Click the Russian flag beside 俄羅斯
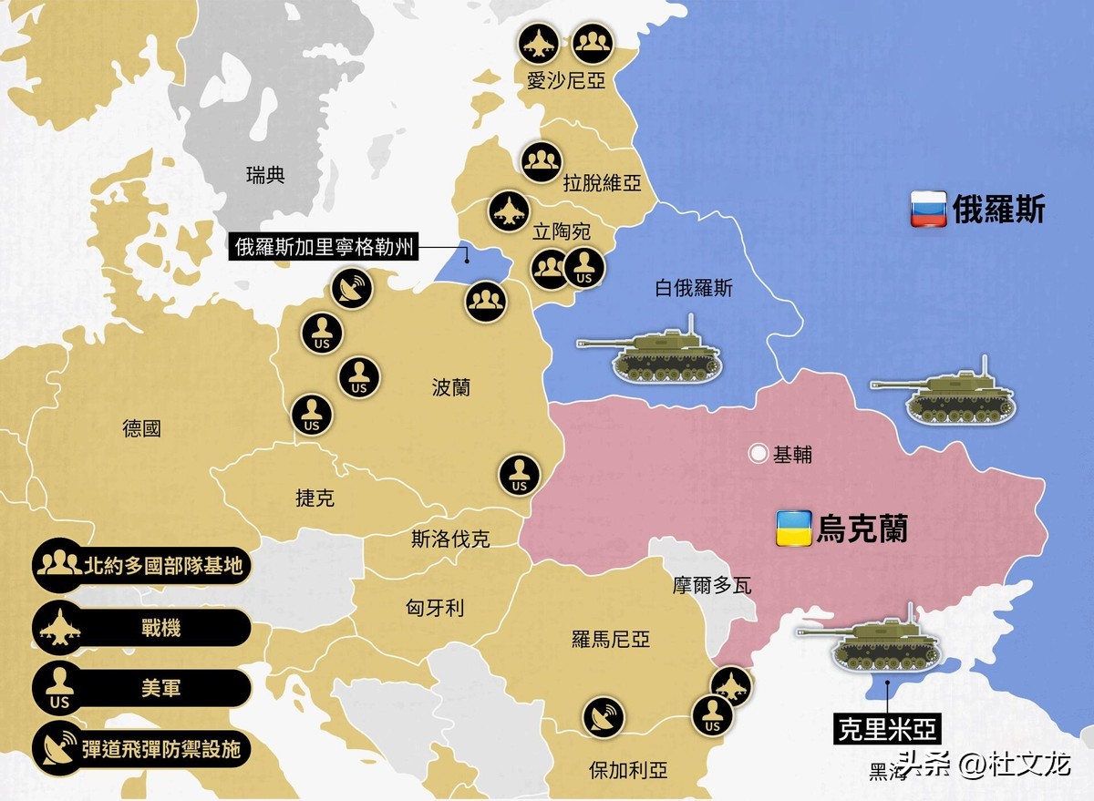pos(928,210)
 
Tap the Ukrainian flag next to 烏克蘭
pos(793,529)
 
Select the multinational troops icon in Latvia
pos(542,161)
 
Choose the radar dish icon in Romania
pos(603,716)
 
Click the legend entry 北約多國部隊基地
pos(141,565)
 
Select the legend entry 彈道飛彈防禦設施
pos(141,749)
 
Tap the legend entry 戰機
pos(141,627)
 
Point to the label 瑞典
pos(265,175)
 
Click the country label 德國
pos(141,427)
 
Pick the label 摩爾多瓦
pos(713,585)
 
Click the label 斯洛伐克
pos(450,539)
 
